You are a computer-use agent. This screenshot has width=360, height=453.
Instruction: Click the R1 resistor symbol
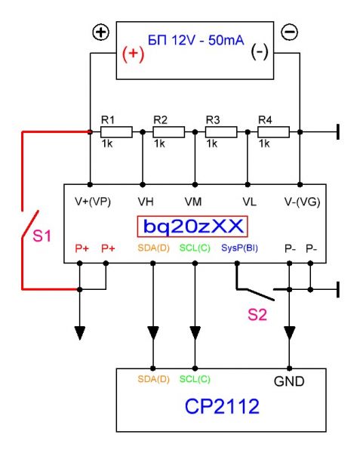point(116,131)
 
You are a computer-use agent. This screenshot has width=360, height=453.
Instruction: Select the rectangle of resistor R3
point(221,131)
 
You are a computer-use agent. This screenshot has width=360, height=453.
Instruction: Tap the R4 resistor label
point(265,119)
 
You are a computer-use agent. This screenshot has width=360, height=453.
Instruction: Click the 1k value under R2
point(159,143)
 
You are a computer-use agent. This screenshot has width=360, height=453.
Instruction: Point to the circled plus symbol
point(100,32)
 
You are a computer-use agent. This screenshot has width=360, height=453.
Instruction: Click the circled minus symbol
point(289,32)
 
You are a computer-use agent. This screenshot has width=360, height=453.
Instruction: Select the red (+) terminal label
point(133,54)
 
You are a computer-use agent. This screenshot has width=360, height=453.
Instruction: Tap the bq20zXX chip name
point(193,226)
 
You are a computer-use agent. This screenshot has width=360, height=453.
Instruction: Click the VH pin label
point(146,202)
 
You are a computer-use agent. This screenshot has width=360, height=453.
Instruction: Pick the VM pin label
point(193,202)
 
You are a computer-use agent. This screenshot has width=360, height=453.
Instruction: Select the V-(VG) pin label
point(302,202)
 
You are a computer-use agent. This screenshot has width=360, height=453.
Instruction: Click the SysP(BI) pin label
point(239,248)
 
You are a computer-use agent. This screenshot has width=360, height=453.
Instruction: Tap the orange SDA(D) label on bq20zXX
point(153,248)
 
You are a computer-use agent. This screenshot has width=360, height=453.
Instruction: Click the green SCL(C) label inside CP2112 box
point(195,379)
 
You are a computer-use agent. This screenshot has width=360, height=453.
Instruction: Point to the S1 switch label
point(42,236)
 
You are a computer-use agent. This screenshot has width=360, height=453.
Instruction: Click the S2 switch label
point(257,314)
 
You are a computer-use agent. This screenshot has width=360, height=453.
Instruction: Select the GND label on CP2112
point(289,381)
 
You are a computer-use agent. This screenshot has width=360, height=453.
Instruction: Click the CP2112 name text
point(222,406)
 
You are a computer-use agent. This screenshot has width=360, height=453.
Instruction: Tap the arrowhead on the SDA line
point(153,333)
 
